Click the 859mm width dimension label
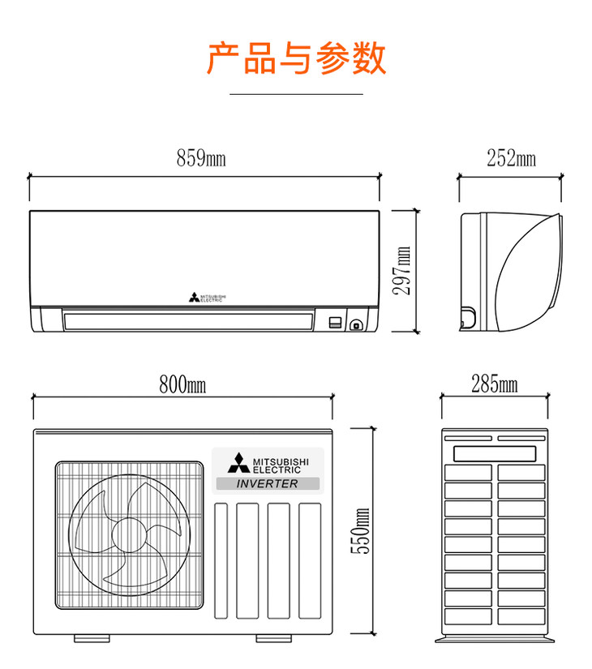(x=201, y=159)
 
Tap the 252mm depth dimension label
(x=511, y=159)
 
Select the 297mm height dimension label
(x=402, y=271)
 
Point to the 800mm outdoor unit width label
(x=182, y=384)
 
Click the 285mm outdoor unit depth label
(x=494, y=384)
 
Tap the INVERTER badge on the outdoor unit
(x=268, y=484)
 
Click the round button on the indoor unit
(x=356, y=326)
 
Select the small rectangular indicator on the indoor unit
(x=335, y=323)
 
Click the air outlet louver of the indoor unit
(x=188, y=321)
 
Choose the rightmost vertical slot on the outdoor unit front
(x=310, y=561)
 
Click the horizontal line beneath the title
(x=296, y=94)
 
